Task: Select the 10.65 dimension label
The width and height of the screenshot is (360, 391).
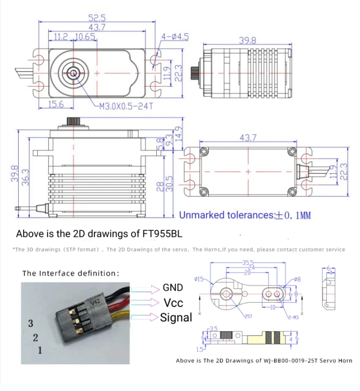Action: pyautogui.click(x=84, y=37)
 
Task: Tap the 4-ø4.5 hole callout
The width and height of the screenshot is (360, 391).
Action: pyautogui.click(x=174, y=36)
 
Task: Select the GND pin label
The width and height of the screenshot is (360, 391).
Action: pyautogui.click(x=173, y=288)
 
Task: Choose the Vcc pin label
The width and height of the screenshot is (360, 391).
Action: pyautogui.click(x=173, y=303)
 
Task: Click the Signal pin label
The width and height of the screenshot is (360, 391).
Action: pyautogui.click(x=176, y=317)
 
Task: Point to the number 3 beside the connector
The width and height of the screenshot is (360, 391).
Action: pyautogui.click(x=30, y=323)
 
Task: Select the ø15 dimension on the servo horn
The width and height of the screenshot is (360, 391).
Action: pyautogui.click(x=198, y=279)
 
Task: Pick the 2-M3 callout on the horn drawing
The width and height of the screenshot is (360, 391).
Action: pyautogui.click(x=293, y=316)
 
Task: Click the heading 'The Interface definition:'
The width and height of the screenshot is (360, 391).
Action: pyautogui.click(x=71, y=273)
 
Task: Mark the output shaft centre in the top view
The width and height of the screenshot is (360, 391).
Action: pyautogui.click(x=74, y=74)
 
